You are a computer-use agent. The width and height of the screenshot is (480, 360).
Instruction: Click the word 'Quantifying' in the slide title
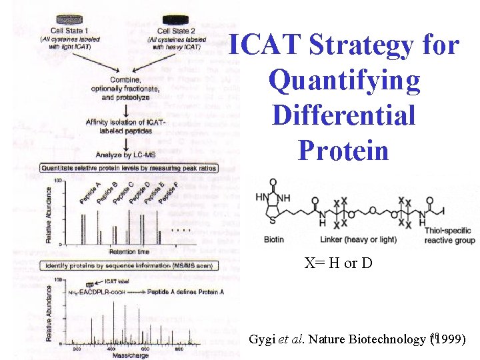click(344, 81)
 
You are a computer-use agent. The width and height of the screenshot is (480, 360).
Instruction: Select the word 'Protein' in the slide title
click(343, 150)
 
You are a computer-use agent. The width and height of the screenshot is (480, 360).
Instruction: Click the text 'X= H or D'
click(339, 263)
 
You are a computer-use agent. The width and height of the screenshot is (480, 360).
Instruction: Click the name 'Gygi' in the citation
click(261, 339)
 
